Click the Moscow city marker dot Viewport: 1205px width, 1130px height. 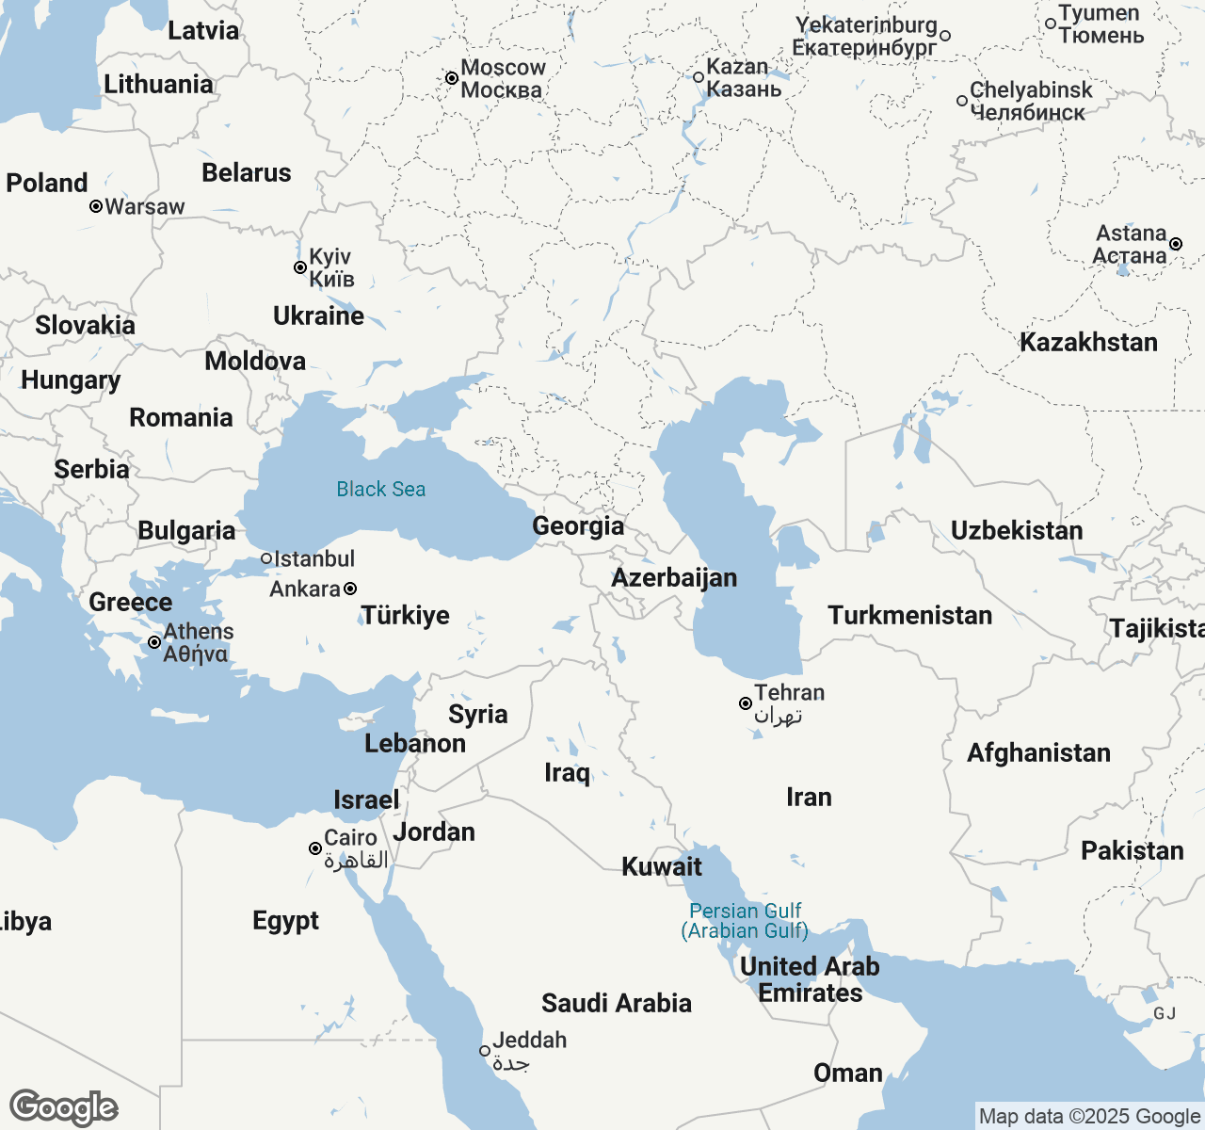tap(452, 78)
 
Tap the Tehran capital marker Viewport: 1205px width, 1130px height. tap(745, 703)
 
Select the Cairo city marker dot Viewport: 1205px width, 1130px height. tap(315, 848)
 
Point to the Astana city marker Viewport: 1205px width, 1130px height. tap(1176, 244)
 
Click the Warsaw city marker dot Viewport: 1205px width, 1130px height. tap(96, 206)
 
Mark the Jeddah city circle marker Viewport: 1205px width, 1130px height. tap(485, 1051)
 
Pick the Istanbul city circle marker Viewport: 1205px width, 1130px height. tap(266, 558)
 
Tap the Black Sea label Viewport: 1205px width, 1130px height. tap(381, 489)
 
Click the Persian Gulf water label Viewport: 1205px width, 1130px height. tap(745, 921)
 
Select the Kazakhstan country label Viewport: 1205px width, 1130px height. tap(1088, 342)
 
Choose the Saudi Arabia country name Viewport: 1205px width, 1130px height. tap(617, 1003)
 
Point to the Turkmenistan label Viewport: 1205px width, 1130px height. tap(909, 615)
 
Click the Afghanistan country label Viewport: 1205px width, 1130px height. tap(1038, 752)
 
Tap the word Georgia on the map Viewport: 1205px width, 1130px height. tap(578, 525)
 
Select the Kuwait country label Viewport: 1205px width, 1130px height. tap(662, 866)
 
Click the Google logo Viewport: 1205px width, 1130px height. tap(63, 1107)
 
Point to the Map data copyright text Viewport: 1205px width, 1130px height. tap(1089, 1117)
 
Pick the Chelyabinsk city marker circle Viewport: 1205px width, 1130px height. tap(962, 101)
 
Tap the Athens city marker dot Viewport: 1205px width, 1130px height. tap(154, 642)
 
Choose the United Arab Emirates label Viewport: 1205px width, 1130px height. tap(810, 979)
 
